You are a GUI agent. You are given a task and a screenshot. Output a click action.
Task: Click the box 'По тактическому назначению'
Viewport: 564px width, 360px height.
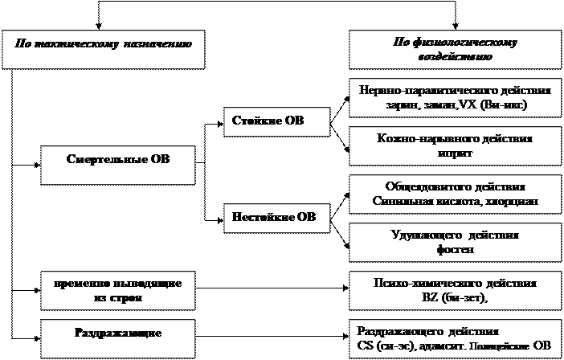click(x=102, y=50)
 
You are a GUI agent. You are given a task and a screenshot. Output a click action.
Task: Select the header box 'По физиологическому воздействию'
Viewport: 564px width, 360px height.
click(x=454, y=50)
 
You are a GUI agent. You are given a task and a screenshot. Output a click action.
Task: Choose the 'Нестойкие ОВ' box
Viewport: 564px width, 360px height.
click(x=273, y=218)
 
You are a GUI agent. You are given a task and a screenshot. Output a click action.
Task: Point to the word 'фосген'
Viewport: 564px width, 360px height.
click(x=455, y=249)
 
